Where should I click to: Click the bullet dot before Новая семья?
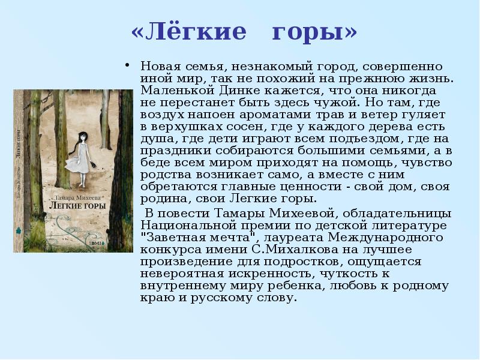coord(127,65)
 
